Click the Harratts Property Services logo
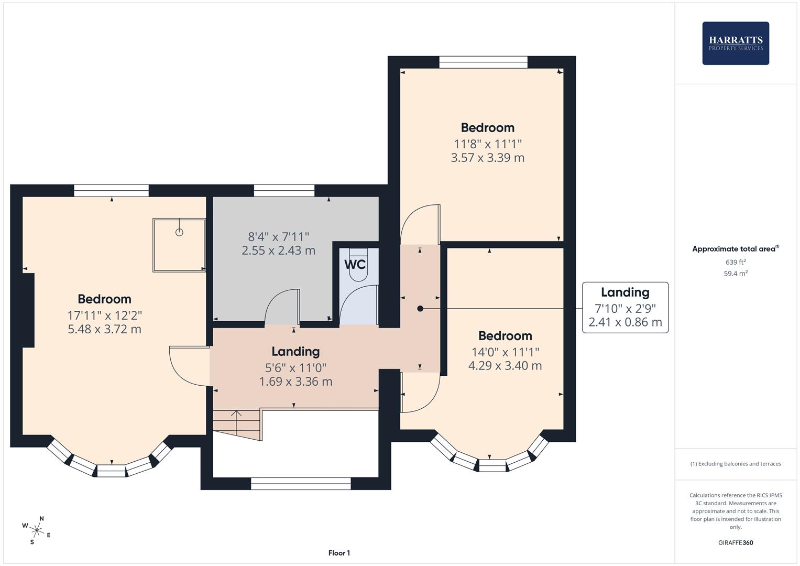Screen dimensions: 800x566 [x=736, y=43]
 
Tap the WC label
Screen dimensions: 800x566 [x=355, y=265]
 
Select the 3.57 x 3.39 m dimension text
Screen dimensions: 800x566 [x=488, y=158]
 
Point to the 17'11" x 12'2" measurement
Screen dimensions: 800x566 [x=105, y=315]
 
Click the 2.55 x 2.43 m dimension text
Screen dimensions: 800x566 [x=279, y=251]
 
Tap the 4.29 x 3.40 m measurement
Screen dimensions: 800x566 [x=505, y=366]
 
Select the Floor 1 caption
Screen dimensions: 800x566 [x=339, y=553]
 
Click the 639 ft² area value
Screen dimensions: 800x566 [x=736, y=262]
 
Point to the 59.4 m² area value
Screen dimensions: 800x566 [x=736, y=274]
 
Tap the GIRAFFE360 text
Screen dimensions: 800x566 [x=736, y=542]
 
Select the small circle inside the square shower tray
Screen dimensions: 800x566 [x=179, y=232]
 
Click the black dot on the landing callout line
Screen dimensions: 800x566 [x=420, y=308]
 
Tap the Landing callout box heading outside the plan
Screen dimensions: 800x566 [x=625, y=292]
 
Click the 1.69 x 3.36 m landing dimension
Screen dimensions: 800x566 [x=295, y=382]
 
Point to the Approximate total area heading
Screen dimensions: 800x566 [x=736, y=249]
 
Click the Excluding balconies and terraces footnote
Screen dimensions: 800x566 [x=736, y=464]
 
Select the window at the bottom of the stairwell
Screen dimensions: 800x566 [x=301, y=483]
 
